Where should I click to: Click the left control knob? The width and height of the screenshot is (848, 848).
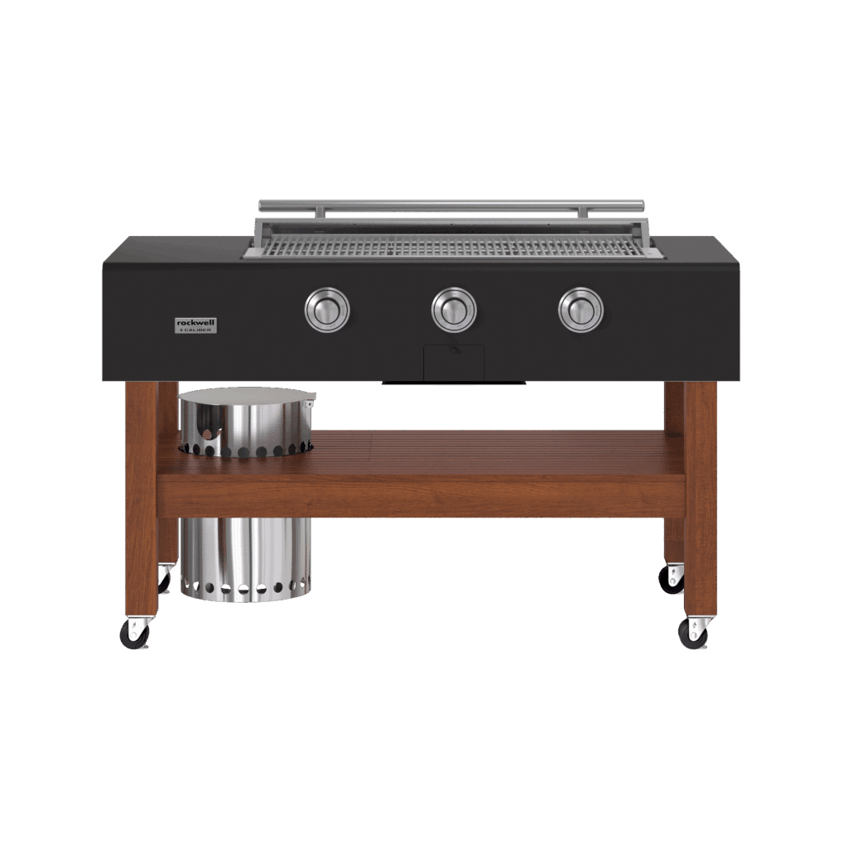327,310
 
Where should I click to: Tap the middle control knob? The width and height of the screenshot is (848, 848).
454,310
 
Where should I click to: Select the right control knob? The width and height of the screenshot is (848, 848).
581,310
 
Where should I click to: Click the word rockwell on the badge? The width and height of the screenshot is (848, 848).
195,322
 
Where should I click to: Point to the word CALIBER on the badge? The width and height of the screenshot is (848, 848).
197,330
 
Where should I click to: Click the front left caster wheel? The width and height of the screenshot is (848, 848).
134,634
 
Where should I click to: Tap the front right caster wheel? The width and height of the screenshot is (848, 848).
693,634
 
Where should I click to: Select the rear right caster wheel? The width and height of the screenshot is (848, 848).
671,580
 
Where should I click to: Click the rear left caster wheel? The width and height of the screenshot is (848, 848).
164,580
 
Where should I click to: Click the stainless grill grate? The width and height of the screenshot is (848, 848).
451,247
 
